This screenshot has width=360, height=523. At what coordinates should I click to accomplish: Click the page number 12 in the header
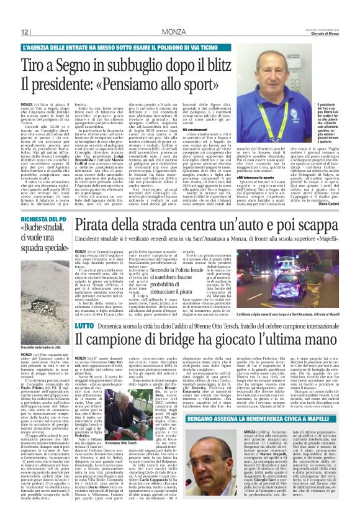(x=25, y=32)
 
